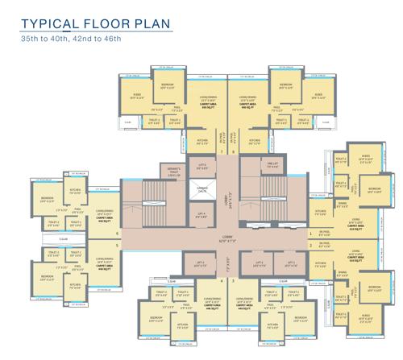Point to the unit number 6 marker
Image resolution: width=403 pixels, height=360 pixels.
[x=118, y=234]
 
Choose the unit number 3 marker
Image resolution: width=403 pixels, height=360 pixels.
[x=233, y=283]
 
